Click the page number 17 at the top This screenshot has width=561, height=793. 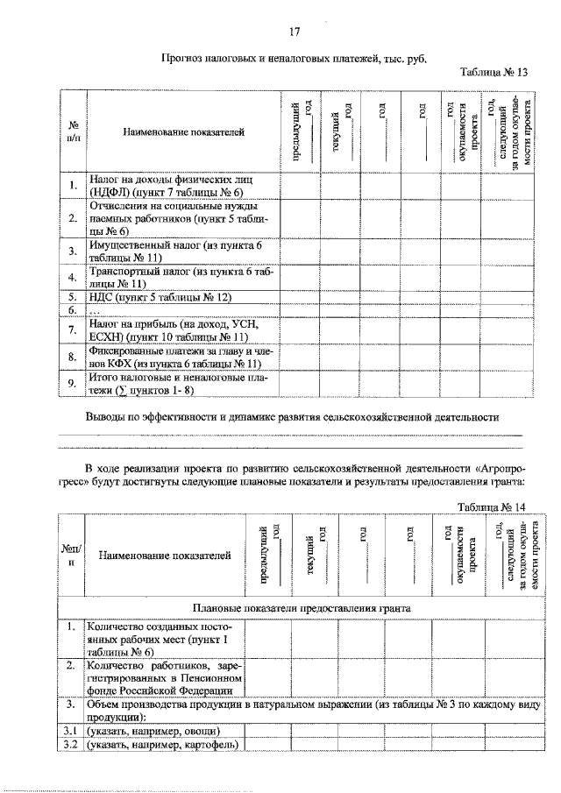pos(295,32)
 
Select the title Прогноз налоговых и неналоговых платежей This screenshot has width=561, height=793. pos(294,58)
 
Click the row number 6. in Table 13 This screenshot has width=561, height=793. pos(74,310)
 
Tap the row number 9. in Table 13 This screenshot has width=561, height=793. pos(74,383)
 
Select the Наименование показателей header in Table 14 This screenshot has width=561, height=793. pos(165,555)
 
